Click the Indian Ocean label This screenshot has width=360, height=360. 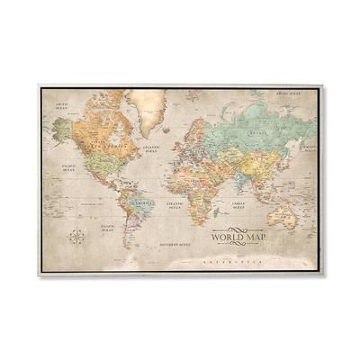pos(238,205)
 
